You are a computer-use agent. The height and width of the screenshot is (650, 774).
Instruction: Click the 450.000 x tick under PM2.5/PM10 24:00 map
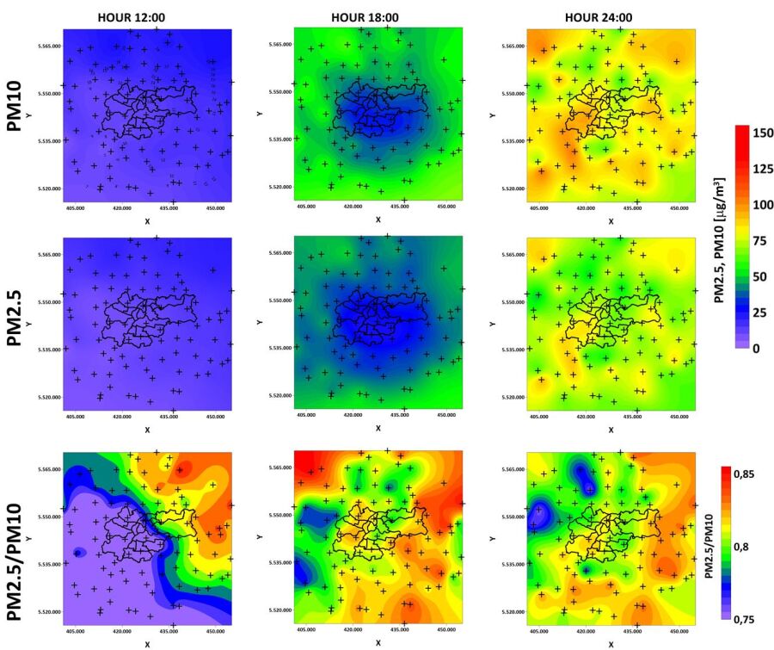click(x=679, y=631)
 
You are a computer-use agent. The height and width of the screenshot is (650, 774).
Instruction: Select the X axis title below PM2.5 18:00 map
click(x=378, y=429)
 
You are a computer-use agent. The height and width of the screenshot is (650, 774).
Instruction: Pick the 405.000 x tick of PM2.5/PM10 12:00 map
click(x=75, y=631)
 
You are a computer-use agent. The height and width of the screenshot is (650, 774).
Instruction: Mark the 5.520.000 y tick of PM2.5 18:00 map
click(x=279, y=396)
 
